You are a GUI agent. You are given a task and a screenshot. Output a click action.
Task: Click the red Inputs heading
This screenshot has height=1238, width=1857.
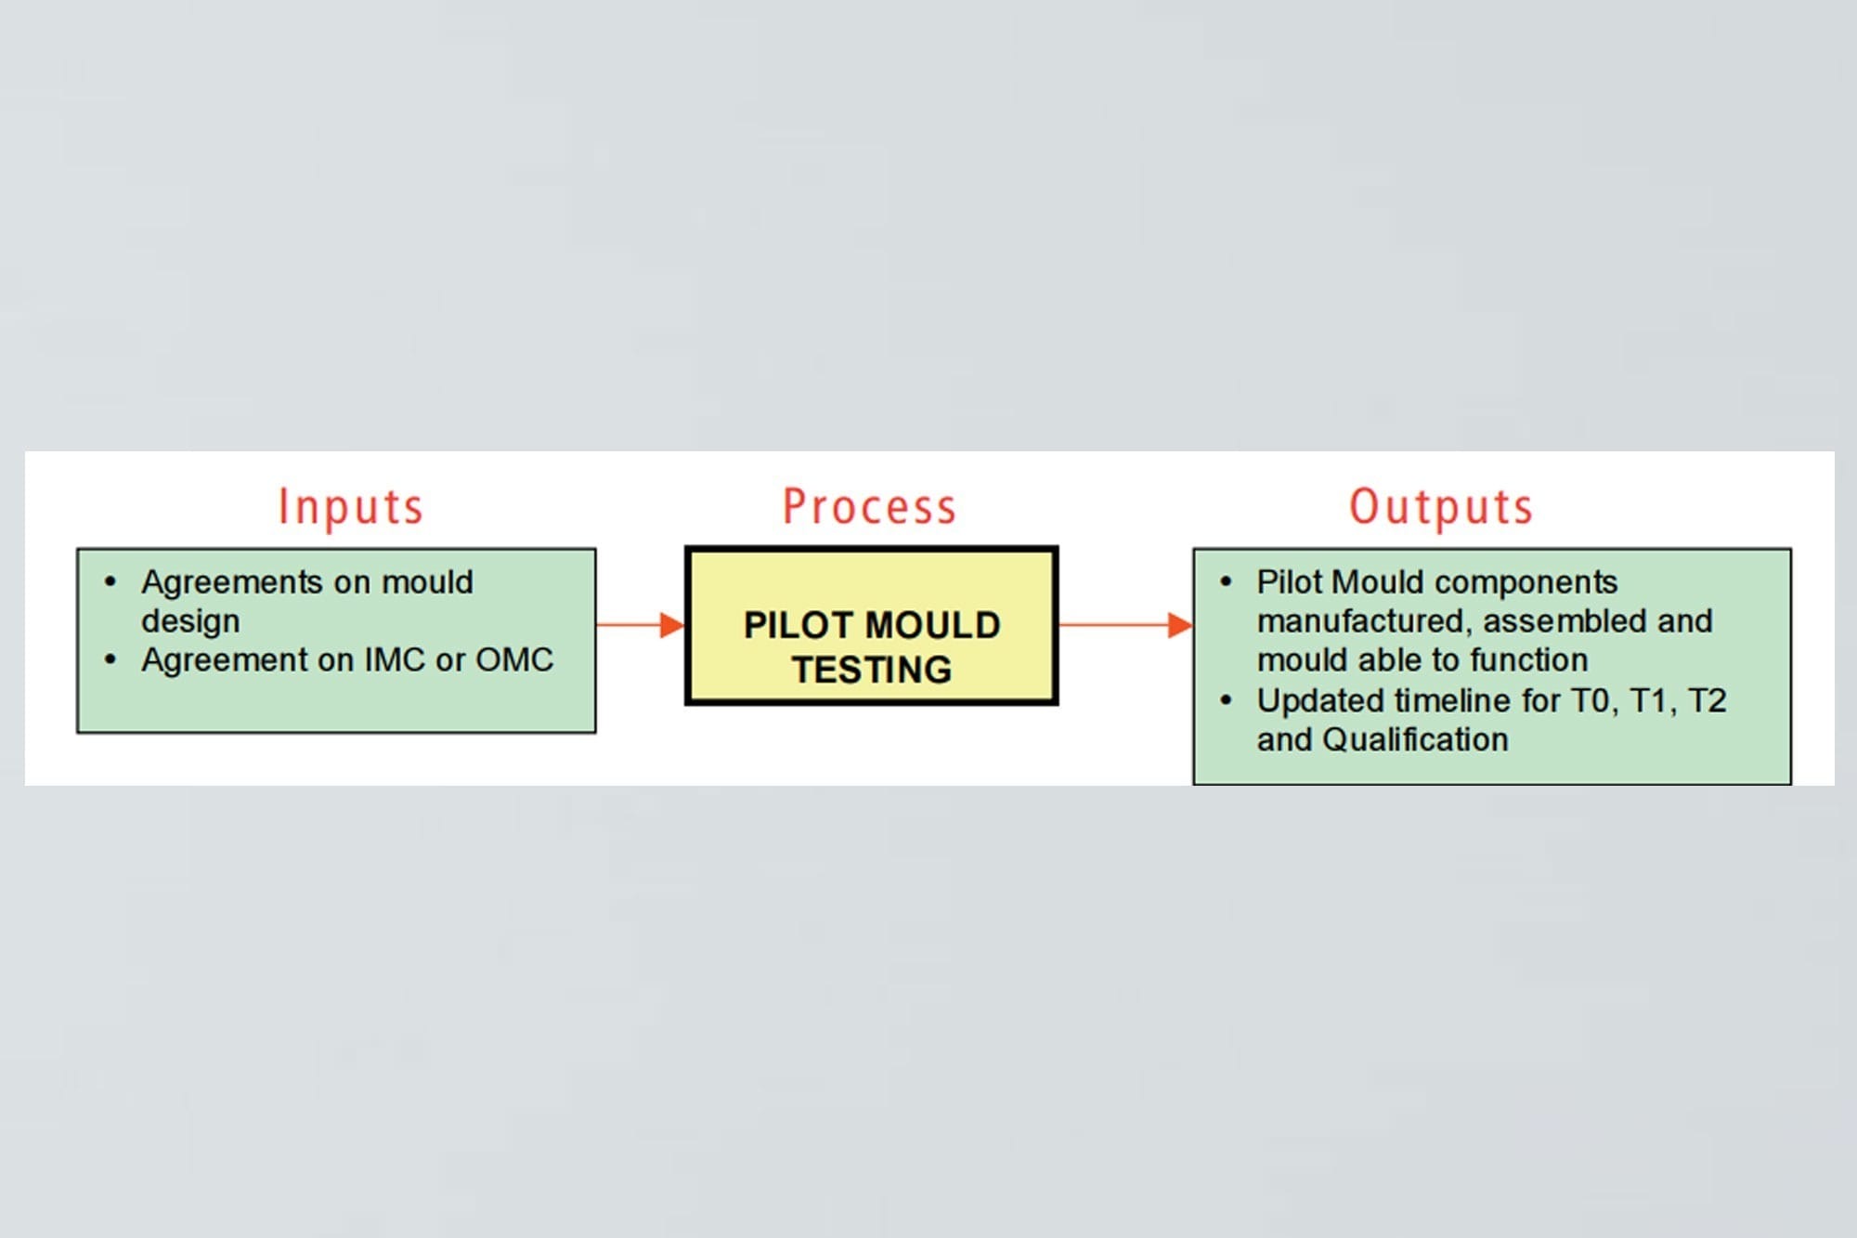tap(351, 508)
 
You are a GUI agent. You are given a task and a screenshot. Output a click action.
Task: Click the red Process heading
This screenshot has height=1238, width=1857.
tap(869, 507)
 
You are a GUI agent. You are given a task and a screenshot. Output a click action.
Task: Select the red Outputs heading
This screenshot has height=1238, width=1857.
tap(1440, 508)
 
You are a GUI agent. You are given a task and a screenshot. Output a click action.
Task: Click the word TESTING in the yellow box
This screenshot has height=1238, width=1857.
tap(872, 670)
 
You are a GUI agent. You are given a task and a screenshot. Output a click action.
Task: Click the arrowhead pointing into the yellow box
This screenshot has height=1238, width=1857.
tap(671, 625)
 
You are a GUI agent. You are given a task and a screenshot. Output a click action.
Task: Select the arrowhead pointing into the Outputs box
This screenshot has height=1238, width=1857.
tap(1179, 625)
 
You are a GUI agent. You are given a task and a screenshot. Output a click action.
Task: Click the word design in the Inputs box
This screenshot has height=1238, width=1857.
tap(190, 621)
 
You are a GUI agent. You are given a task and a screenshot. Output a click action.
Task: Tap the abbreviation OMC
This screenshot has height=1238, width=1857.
tap(514, 660)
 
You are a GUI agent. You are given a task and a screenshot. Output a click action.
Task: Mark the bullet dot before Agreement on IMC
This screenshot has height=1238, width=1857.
tap(110, 660)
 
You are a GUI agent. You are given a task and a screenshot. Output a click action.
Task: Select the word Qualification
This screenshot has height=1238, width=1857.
tap(1415, 740)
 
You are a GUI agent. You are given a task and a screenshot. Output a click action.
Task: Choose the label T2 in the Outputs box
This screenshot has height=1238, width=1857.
tap(1707, 701)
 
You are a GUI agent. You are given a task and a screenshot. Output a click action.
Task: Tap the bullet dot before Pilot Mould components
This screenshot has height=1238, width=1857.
tap(1226, 582)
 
